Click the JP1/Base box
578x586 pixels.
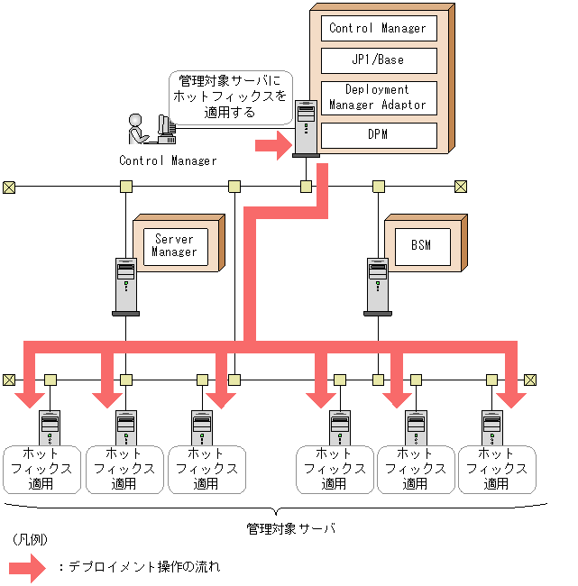click(379, 60)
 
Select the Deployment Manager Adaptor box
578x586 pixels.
click(379, 98)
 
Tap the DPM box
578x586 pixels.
click(379, 135)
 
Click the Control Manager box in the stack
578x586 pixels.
click(379, 29)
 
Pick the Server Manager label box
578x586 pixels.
click(176, 247)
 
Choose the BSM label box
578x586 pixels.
click(423, 247)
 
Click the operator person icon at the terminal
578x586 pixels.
click(136, 129)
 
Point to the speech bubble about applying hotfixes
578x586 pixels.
click(230, 97)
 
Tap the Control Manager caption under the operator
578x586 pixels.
click(168, 160)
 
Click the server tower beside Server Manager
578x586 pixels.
click(126, 287)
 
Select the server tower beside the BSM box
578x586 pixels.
click(378, 287)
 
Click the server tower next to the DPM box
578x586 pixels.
click(306, 129)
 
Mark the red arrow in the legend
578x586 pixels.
click(27, 568)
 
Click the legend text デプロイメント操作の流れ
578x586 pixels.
click(144, 567)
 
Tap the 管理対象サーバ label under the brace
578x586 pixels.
click(290, 528)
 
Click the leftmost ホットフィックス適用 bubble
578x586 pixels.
click(41, 470)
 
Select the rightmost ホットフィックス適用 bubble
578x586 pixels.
click(497, 470)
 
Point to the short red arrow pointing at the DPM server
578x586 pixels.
click(273, 145)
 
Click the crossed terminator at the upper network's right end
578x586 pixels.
click(461, 187)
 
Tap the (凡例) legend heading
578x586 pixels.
click(30, 539)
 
